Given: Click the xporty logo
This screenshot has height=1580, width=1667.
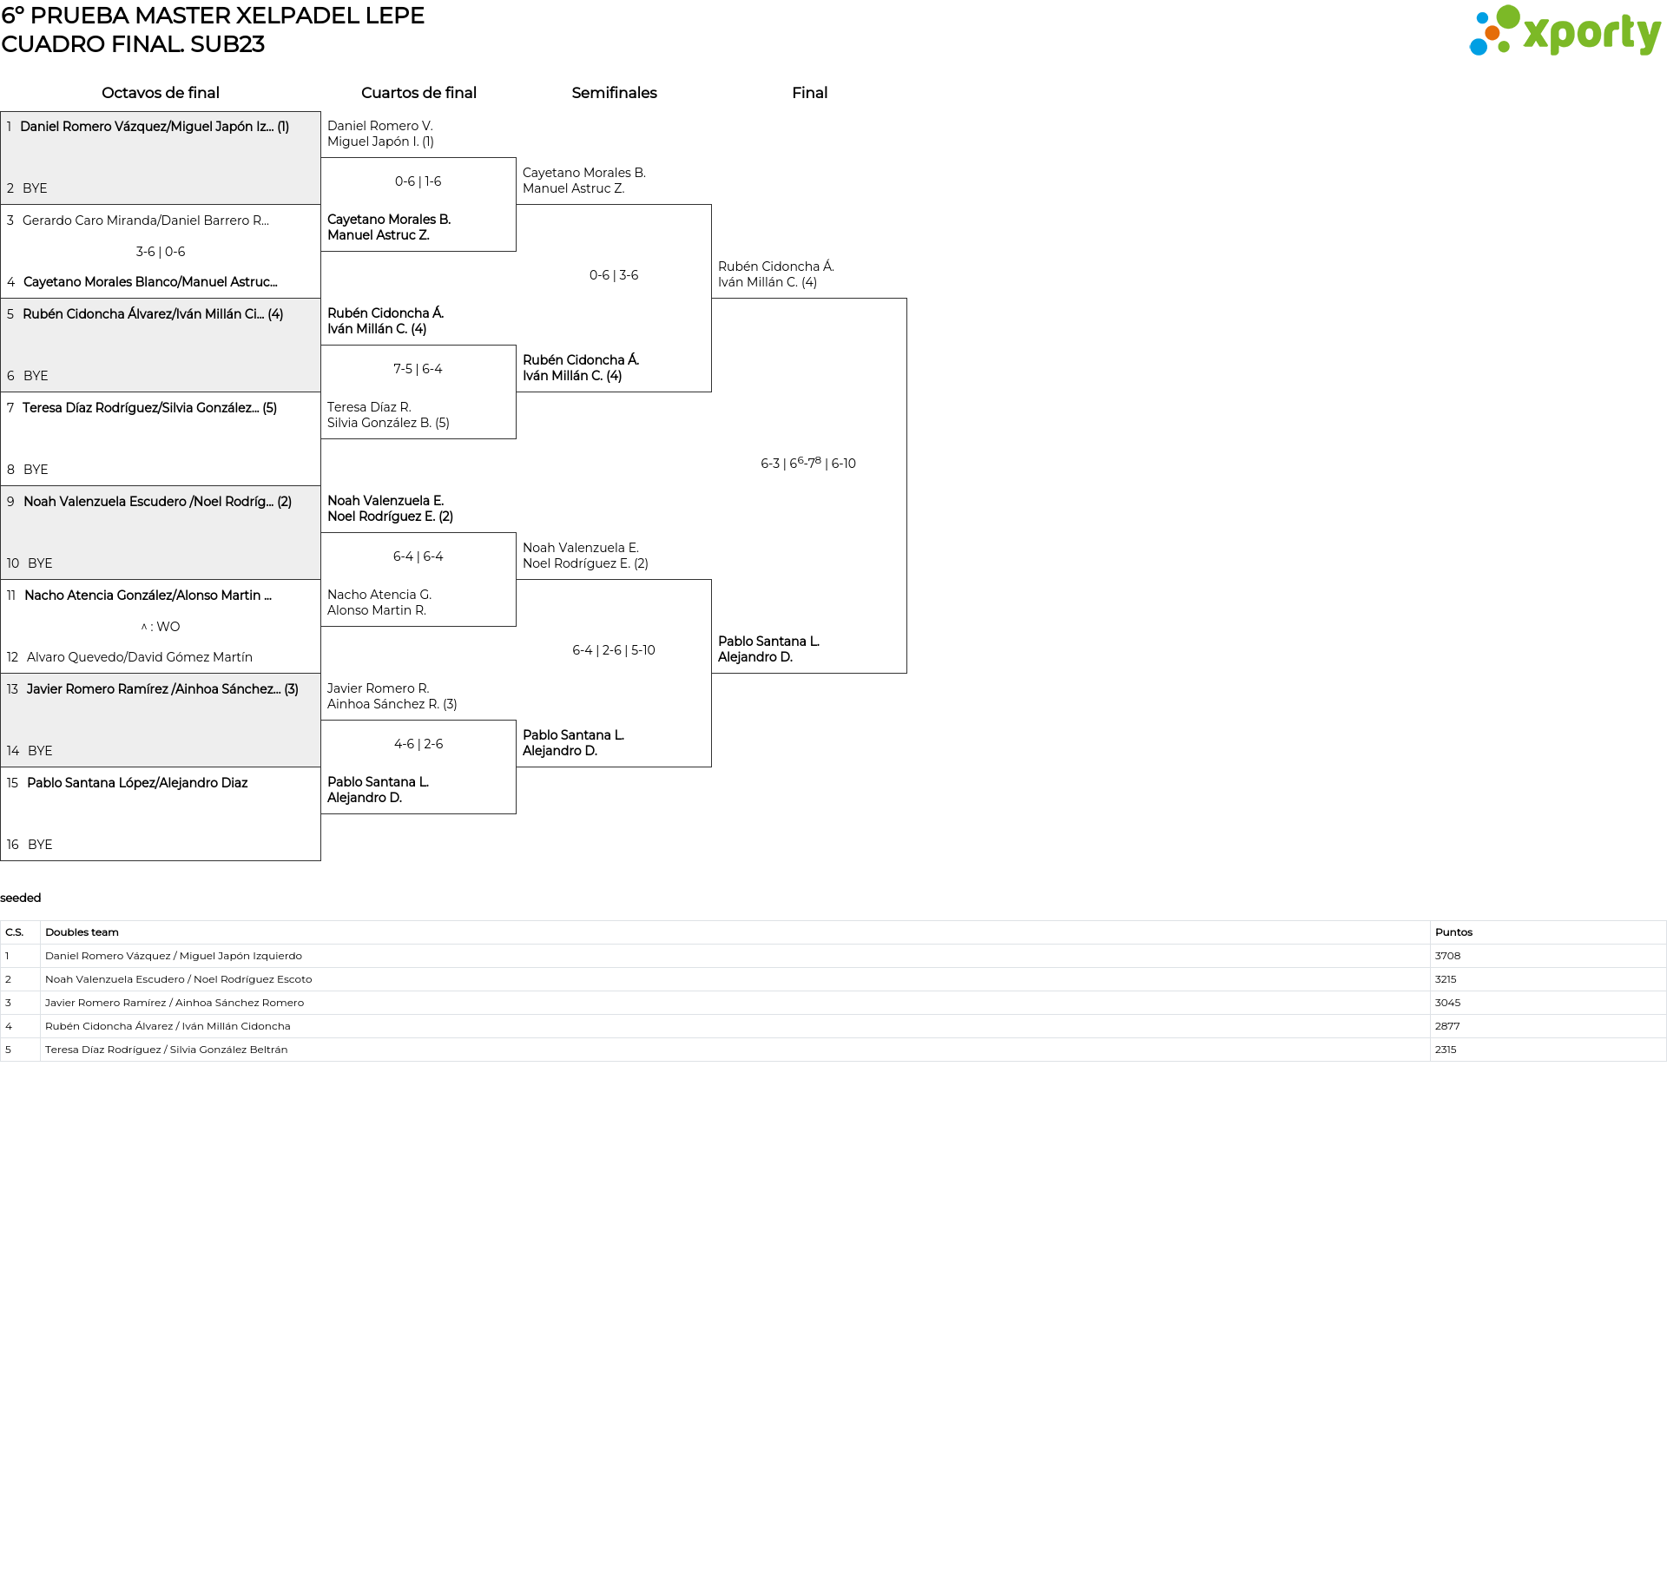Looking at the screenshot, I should pyautogui.click(x=1565, y=31).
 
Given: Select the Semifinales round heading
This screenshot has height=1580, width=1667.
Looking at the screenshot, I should pyautogui.click(x=614, y=93).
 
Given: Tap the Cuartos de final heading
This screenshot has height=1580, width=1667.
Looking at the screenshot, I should pyautogui.click(x=418, y=93).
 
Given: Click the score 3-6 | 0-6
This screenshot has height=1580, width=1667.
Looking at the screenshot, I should pyautogui.click(x=161, y=252).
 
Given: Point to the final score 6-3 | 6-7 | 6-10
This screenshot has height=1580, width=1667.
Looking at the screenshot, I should pyautogui.click(x=808, y=464).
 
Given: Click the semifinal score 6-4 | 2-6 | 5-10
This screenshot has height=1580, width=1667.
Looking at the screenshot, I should pyautogui.click(x=614, y=650).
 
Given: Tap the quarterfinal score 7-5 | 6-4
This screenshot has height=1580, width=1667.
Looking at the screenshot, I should pyautogui.click(x=418, y=369).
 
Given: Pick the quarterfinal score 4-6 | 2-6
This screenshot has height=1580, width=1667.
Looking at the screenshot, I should pyautogui.click(x=418, y=744).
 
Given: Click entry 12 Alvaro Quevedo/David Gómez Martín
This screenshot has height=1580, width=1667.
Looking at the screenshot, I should pyautogui.click(x=139, y=657).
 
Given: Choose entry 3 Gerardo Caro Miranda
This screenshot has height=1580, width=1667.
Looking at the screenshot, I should pyautogui.click(x=145, y=221).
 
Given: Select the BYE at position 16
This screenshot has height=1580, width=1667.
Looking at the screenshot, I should pyautogui.click(x=40, y=845).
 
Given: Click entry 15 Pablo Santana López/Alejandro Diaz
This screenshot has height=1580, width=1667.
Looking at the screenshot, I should pyautogui.click(x=136, y=783).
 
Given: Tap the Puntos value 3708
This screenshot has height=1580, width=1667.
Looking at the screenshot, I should pyautogui.click(x=1447, y=956).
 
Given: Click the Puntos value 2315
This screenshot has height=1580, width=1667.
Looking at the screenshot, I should pyautogui.click(x=1446, y=1050).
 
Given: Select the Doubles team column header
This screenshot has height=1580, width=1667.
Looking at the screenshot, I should pyautogui.click(x=82, y=932).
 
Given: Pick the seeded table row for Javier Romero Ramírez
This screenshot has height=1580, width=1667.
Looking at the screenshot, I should pyautogui.click(x=175, y=1003).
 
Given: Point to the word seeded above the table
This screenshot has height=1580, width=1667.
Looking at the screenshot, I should pyautogui.click(x=21, y=898).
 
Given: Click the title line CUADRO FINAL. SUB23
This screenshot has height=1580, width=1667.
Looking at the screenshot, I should pyautogui.click(x=133, y=44).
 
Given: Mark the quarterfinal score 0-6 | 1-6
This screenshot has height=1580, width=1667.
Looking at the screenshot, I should pyautogui.click(x=418, y=181).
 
